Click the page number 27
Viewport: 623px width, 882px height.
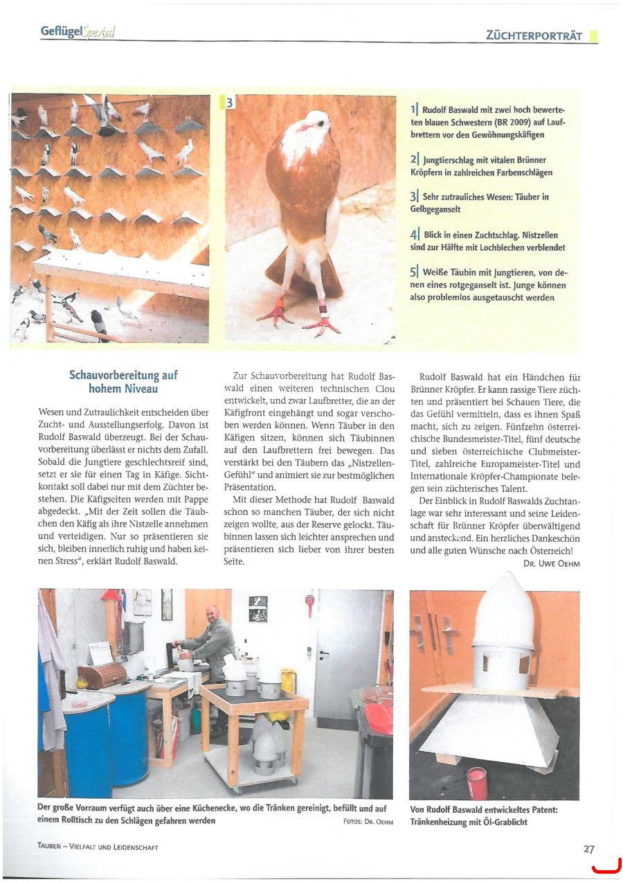click(x=588, y=848)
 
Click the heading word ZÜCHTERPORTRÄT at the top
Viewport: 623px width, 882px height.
click(x=534, y=35)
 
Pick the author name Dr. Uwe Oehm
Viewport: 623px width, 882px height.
click(x=551, y=564)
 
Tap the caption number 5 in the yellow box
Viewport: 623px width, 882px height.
click(x=414, y=272)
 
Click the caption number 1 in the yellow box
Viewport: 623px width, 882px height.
click(x=413, y=109)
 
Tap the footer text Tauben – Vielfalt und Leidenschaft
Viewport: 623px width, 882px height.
click(x=98, y=847)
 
